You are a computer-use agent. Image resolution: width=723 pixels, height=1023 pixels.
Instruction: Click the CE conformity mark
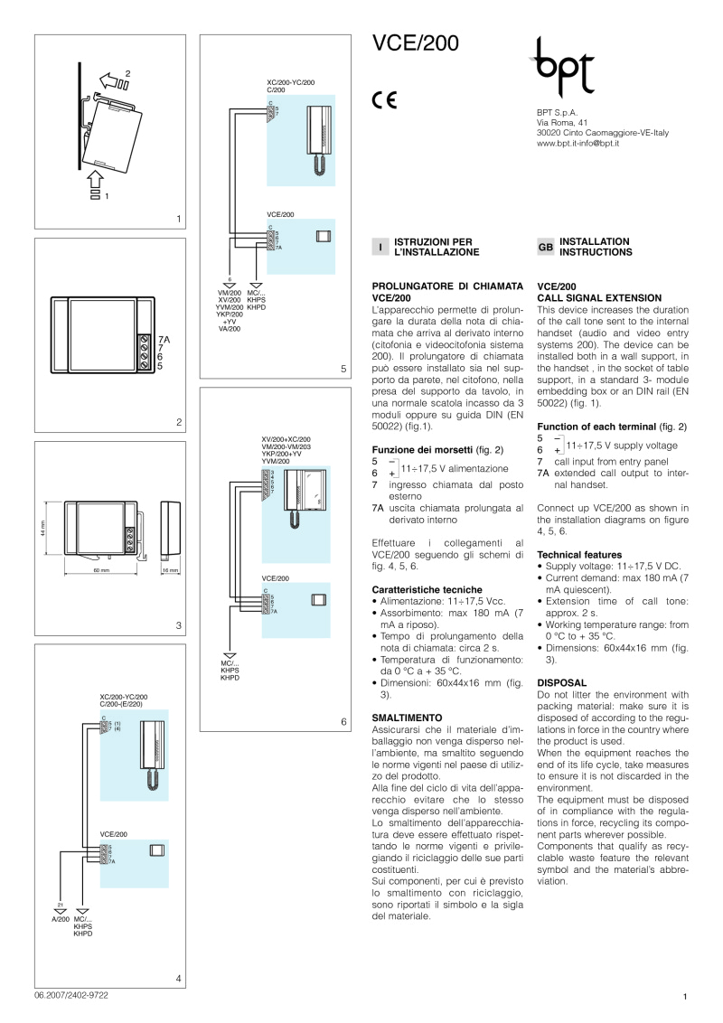(383, 100)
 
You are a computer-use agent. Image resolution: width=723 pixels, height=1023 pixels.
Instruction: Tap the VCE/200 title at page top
(417, 44)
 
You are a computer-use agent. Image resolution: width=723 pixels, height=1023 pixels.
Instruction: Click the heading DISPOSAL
(562, 682)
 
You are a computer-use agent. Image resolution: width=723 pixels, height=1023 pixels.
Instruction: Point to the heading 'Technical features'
(579, 554)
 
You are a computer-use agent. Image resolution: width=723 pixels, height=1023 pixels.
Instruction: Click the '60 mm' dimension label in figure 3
(100, 571)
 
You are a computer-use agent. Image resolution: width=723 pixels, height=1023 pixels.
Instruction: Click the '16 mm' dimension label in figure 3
(171, 571)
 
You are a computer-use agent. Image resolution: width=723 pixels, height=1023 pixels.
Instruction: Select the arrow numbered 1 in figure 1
(96, 187)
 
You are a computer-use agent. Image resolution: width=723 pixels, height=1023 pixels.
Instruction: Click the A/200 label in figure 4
(60, 918)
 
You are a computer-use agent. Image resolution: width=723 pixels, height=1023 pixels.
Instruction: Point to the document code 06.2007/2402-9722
(71, 994)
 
